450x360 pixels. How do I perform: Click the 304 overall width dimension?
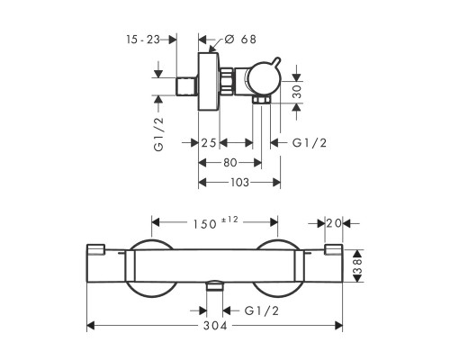[x=215, y=326]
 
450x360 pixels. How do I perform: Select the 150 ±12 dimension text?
[x=215, y=222]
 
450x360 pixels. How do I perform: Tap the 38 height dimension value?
[x=358, y=265]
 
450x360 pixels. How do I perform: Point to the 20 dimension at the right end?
[x=334, y=223]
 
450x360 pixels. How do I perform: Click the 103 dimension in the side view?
[x=239, y=182]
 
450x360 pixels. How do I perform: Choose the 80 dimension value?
[x=230, y=163]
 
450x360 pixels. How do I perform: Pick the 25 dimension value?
[x=209, y=143]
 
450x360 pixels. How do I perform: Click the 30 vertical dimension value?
[x=297, y=92]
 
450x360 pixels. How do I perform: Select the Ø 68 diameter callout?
[x=240, y=40]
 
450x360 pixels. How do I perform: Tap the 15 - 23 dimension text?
[x=143, y=40]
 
